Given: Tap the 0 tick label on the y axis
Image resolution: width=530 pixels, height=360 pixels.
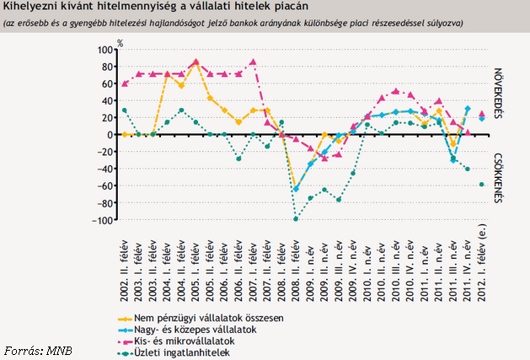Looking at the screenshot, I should click(x=110, y=135).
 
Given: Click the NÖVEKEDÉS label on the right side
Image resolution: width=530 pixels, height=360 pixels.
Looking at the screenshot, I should click(x=499, y=93).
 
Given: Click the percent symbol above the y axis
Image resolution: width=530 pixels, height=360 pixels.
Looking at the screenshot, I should click(x=120, y=40).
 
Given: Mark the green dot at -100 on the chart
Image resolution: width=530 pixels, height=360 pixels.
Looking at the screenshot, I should click(x=296, y=219).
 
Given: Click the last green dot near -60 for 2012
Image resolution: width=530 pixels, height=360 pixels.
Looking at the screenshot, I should click(x=482, y=185).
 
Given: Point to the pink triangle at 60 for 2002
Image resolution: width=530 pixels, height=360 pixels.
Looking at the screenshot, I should click(x=125, y=83).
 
